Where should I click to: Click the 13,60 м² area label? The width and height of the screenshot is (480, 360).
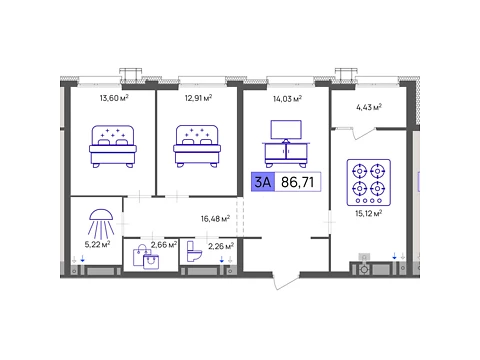pyautogui.click(x=114, y=98)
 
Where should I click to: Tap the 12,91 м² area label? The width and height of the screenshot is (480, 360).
pyautogui.click(x=199, y=98)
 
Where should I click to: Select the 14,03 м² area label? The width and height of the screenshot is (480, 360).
pyautogui.click(x=287, y=99)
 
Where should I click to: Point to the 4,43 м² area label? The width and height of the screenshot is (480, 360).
pyautogui.click(x=369, y=107)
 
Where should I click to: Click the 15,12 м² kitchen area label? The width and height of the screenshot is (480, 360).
pyautogui.click(x=369, y=213)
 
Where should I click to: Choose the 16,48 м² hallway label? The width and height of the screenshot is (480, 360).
pyautogui.click(x=215, y=219)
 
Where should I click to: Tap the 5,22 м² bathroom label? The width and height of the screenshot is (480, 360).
pyautogui.click(x=97, y=244)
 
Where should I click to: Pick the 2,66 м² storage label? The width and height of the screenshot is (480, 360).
pyautogui.click(x=164, y=245)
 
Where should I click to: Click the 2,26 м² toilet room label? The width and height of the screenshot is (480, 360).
pyautogui.click(x=221, y=246)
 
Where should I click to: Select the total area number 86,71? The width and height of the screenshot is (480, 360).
pyautogui.click(x=298, y=182)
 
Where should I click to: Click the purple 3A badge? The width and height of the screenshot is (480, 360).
pyautogui.click(x=263, y=182)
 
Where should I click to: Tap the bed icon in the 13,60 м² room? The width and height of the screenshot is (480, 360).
pyautogui.click(x=113, y=146)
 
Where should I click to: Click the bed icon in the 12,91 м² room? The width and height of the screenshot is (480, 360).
pyautogui.click(x=197, y=146)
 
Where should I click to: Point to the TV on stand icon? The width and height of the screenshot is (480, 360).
pyautogui.click(x=286, y=144)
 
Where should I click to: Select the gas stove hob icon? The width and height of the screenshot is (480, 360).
pyautogui.click(x=369, y=182)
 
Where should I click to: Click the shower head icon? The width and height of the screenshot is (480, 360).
pyautogui.click(x=101, y=222)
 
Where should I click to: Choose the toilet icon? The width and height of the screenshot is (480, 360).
pyautogui.click(x=194, y=251)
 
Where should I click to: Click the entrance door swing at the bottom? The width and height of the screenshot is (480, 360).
pyautogui.click(x=286, y=281)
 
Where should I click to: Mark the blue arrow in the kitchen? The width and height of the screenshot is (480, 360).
pyautogui.click(x=394, y=256)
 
